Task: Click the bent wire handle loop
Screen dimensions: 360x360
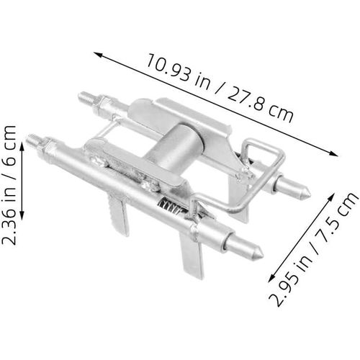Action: pyautogui.click(x=256, y=155)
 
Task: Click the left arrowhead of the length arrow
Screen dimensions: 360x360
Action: pyautogui.click(x=95, y=53)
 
